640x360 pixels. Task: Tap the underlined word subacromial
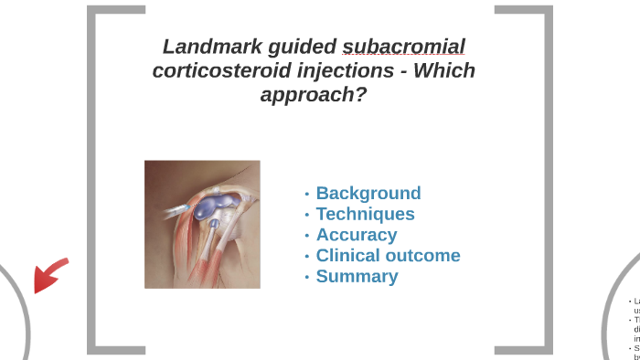click(403, 47)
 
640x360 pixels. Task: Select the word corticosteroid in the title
click(216, 70)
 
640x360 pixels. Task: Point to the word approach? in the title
click(314, 94)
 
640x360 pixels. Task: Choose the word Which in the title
click(444, 70)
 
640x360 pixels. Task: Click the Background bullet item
click(368, 193)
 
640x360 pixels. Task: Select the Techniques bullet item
click(365, 214)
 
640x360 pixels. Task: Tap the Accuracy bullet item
click(356, 235)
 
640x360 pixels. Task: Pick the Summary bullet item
click(357, 276)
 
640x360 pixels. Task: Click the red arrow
click(49, 275)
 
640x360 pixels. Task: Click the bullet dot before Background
click(307, 194)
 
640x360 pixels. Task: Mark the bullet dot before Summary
click(307, 277)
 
